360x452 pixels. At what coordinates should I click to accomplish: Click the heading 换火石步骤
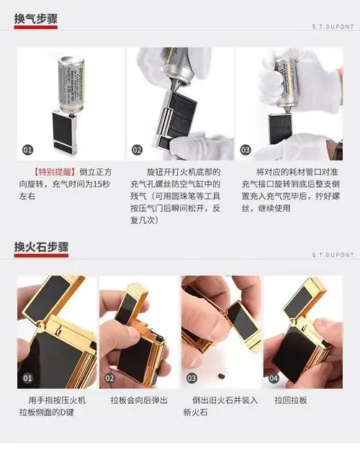(41, 247)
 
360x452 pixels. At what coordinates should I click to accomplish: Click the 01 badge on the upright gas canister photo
(28, 150)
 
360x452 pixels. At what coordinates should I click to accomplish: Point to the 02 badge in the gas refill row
(137, 150)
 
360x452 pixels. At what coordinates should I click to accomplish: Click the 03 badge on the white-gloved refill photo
(246, 150)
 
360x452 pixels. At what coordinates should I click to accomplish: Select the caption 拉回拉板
(291, 399)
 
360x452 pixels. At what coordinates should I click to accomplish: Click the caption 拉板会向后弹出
(139, 399)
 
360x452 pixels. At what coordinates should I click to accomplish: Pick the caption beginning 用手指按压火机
(56, 406)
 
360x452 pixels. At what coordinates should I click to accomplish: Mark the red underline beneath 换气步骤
(35, 29)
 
